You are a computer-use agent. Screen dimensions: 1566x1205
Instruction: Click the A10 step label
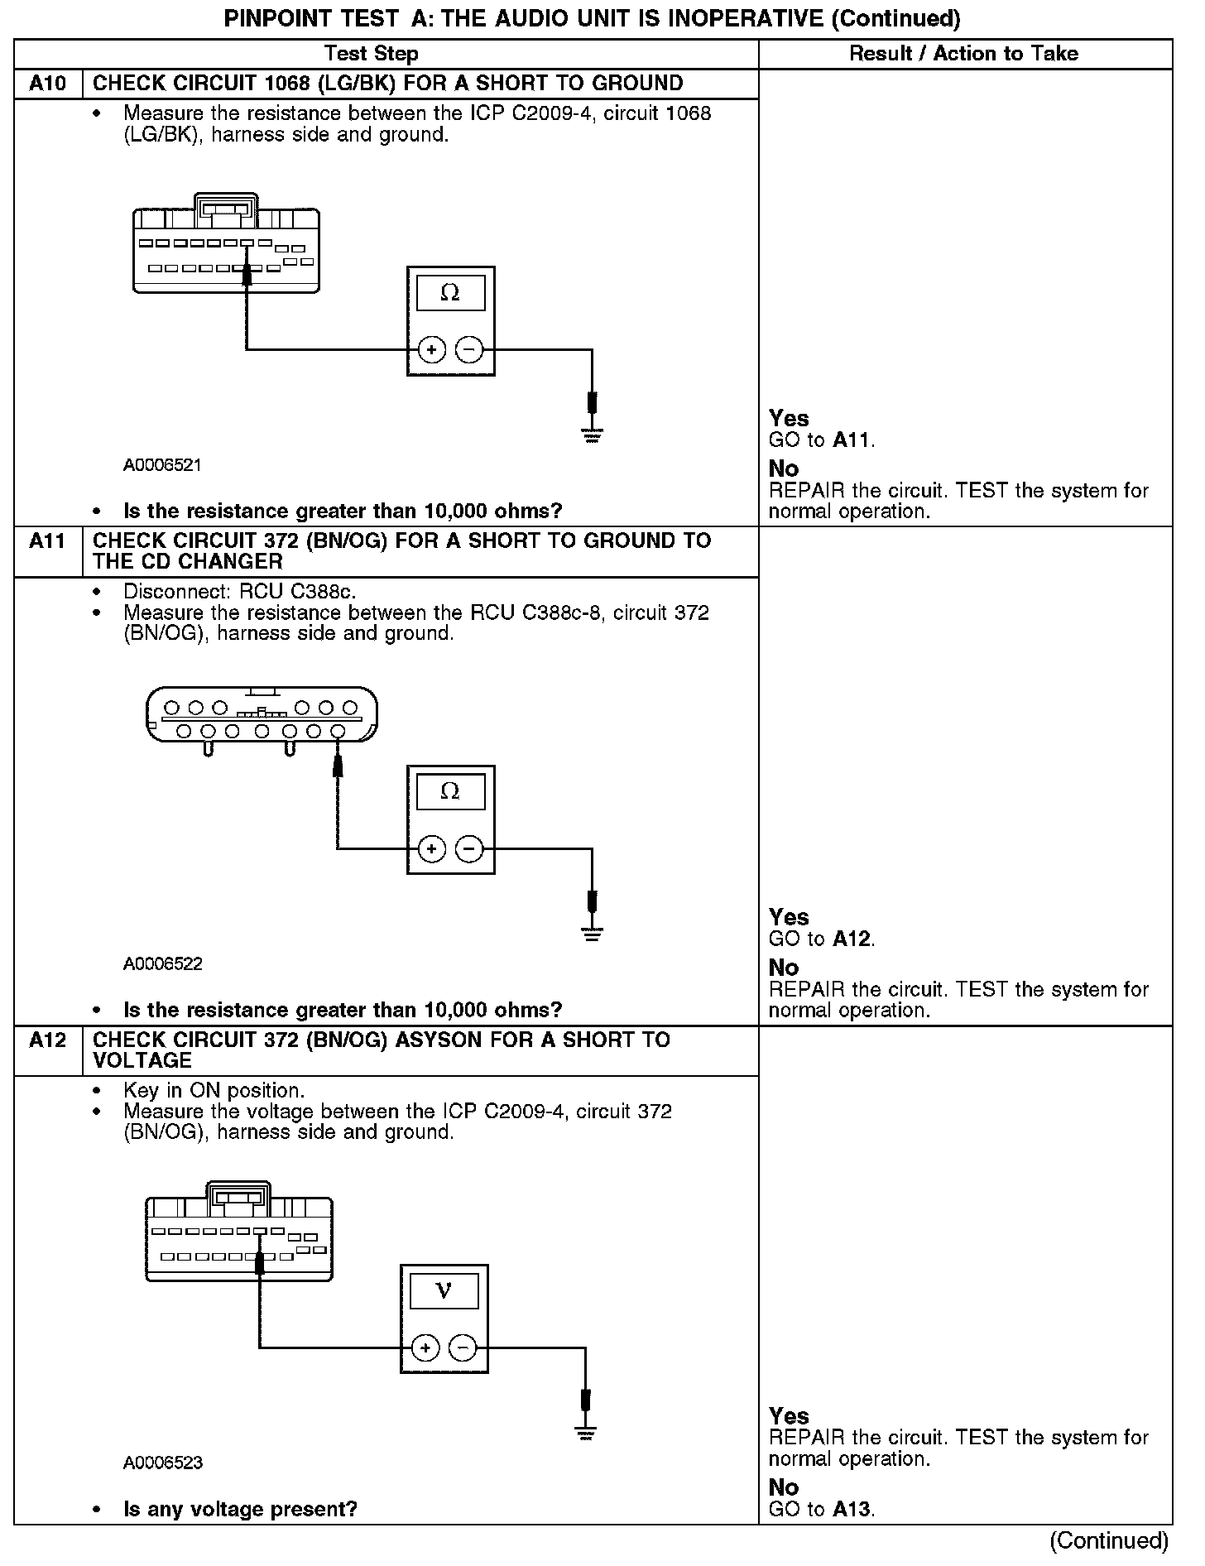(x=48, y=84)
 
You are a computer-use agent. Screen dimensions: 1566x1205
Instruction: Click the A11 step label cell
(x=48, y=541)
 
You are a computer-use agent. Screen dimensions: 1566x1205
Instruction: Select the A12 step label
(x=48, y=1040)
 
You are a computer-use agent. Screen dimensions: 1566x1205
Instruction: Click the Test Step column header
(x=372, y=54)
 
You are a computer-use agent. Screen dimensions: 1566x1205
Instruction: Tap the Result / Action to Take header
(x=964, y=54)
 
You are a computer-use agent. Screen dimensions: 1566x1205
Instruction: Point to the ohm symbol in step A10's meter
(x=450, y=293)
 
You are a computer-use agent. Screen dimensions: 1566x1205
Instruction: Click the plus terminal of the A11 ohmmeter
(x=431, y=849)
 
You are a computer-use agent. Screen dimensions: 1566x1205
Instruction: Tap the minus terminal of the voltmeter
(x=463, y=1348)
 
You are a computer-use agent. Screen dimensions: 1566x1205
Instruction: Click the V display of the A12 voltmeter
(x=444, y=1291)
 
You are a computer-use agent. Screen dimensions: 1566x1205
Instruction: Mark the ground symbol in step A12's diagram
(x=586, y=1432)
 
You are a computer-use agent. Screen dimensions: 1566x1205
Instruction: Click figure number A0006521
(x=162, y=465)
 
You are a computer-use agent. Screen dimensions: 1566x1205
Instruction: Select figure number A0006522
(x=162, y=964)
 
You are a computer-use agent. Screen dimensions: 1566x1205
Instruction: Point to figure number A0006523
(x=162, y=1463)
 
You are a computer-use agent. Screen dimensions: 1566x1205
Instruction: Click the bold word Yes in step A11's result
(x=789, y=917)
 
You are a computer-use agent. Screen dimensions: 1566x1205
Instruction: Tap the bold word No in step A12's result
(x=784, y=1487)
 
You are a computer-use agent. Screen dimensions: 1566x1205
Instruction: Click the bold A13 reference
(x=852, y=1509)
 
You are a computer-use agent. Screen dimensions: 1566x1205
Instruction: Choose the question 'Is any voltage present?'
(x=240, y=1509)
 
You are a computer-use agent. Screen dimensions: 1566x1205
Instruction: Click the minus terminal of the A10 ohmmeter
(x=469, y=350)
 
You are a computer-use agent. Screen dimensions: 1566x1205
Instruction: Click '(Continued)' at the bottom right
(x=1109, y=1540)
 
